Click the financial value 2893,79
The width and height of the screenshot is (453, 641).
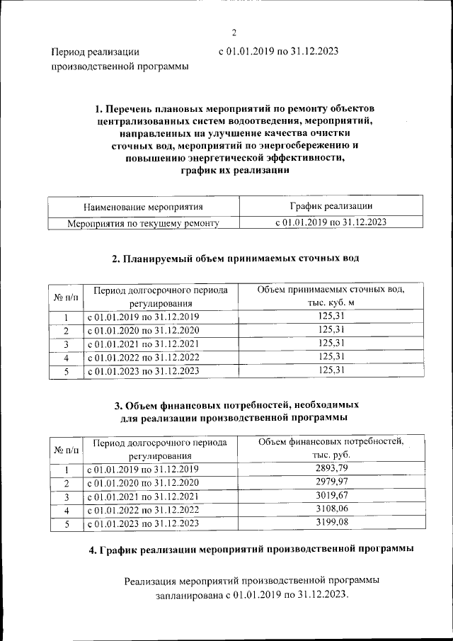tap(331, 469)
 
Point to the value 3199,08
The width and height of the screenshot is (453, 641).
tap(331, 523)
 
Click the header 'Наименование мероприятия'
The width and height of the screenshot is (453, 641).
tap(143, 207)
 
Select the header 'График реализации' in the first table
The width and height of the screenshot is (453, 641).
tap(331, 206)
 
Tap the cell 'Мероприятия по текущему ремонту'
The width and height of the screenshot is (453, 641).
tap(143, 223)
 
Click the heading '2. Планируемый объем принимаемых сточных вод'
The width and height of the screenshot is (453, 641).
tap(236, 259)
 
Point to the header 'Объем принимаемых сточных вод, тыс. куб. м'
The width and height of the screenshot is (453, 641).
tap(331, 296)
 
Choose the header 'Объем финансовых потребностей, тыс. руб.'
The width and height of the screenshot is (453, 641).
tap(331, 449)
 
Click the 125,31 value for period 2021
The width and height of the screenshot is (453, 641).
tap(331, 343)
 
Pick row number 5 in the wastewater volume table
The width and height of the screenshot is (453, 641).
tap(65, 370)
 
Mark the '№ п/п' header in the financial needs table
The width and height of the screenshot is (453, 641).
tap(65, 450)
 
